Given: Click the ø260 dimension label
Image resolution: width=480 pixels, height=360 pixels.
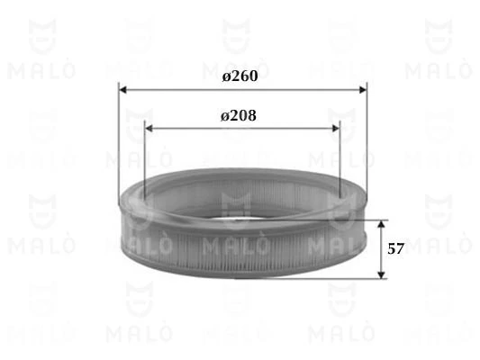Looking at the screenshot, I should [x=240, y=77].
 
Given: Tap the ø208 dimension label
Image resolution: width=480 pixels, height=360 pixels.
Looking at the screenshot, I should [x=240, y=116].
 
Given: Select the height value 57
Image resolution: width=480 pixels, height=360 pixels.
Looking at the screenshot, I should [x=395, y=248].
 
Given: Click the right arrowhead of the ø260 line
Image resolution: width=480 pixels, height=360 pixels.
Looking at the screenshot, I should [x=362, y=89].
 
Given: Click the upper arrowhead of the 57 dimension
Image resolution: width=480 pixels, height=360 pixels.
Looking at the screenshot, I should [x=381, y=223].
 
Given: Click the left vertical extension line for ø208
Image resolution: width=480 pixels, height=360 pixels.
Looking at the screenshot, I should [x=143, y=157].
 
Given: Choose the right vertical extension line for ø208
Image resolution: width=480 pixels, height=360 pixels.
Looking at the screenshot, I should [x=340, y=157].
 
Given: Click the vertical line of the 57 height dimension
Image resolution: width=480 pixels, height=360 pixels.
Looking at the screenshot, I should [x=381, y=248].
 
